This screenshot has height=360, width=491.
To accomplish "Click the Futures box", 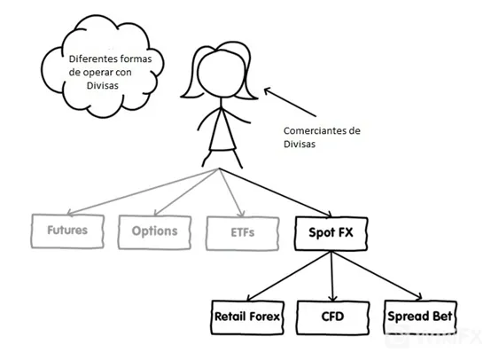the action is tap(67, 231).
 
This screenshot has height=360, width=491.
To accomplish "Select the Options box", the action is tap(155, 232).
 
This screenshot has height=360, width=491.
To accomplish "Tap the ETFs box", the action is tap(242, 233).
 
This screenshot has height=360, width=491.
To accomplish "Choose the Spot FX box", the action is tap(331, 233).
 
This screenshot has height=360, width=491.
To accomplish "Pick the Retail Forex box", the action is tap(247, 317).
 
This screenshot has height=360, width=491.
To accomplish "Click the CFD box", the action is tap(333, 317).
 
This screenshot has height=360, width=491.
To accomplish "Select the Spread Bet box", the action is tap(420, 317).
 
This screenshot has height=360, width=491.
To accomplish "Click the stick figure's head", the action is tap(223, 74).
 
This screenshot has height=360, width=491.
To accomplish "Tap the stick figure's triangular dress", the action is tap(222, 130).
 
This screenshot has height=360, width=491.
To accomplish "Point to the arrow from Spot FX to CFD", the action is tap(332, 276).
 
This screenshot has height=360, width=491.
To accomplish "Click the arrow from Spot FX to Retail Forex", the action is tap(288, 276).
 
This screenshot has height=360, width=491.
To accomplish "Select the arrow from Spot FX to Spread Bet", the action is tap(377, 275).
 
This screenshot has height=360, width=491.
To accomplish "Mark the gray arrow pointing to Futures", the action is tap(143, 192).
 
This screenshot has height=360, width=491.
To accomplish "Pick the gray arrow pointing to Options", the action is tap(187, 192).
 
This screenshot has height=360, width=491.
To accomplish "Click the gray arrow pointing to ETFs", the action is tap(231, 192).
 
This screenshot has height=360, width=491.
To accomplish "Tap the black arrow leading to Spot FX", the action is tap(276, 192).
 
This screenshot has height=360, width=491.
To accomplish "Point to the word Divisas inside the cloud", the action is tap(103, 85).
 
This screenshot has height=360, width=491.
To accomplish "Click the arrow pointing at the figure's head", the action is tap(290, 102).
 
